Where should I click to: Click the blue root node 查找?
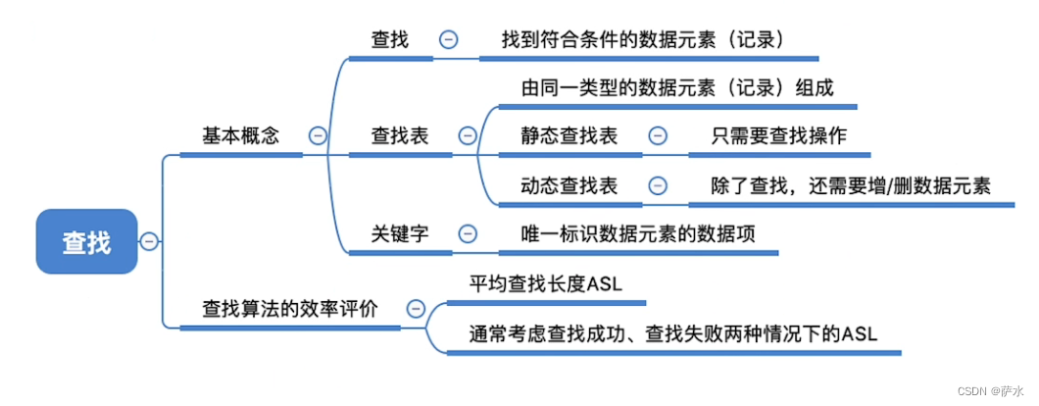(86, 240)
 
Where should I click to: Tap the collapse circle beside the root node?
(148, 240)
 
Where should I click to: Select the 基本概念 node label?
(240, 136)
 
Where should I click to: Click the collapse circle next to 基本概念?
(317, 136)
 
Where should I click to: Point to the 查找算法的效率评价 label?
(288, 308)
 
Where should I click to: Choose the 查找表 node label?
(400, 136)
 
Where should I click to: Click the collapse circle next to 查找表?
(468, 136)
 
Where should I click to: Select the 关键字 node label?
(400, 233)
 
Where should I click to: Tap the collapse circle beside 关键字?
(468, 233)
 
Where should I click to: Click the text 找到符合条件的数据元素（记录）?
(644, 39)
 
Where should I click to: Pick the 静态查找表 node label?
(569, 136)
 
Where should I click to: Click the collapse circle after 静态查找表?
(657, 136)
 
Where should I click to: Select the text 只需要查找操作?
(778, 136)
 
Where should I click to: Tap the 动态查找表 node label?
(569, 185)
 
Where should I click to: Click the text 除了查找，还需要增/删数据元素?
(851, 185)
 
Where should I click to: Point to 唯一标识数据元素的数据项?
(638, 233)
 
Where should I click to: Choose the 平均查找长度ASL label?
(545, 284)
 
